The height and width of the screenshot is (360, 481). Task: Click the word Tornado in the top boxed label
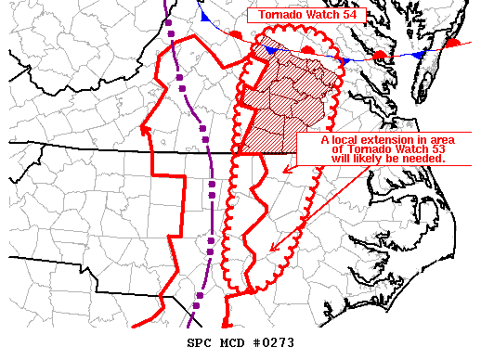pyautogui.click(x=282, y=14)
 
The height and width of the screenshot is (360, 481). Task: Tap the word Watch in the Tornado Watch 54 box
pyautogui.click(x=326, y=14)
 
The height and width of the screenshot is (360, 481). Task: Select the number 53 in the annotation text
pyautogui.click(x=434, y=149)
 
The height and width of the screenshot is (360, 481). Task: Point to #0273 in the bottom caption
pyautogui.click(x=276, y=343)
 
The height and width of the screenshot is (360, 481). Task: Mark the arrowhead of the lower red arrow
pyautogui.click(x=270, y=249)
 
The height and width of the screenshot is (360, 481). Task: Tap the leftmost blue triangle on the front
pyautogui.click(x=201, y=16)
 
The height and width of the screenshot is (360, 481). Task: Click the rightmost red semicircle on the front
pyautogui.click(x=453, y=43)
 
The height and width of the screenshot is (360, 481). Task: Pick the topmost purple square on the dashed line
pyautogui.click(x=173, y=37)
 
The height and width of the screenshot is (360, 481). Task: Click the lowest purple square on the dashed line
pyautogui.click(x=197, y=296)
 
